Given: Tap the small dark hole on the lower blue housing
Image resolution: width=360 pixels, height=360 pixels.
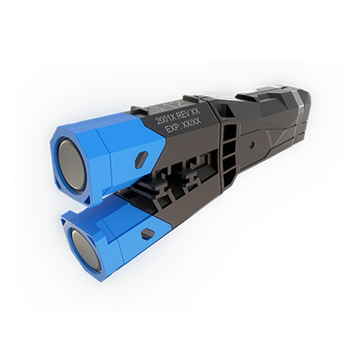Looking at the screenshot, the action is point(148,233).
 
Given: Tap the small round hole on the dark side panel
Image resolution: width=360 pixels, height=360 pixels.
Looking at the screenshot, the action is point(252,144).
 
